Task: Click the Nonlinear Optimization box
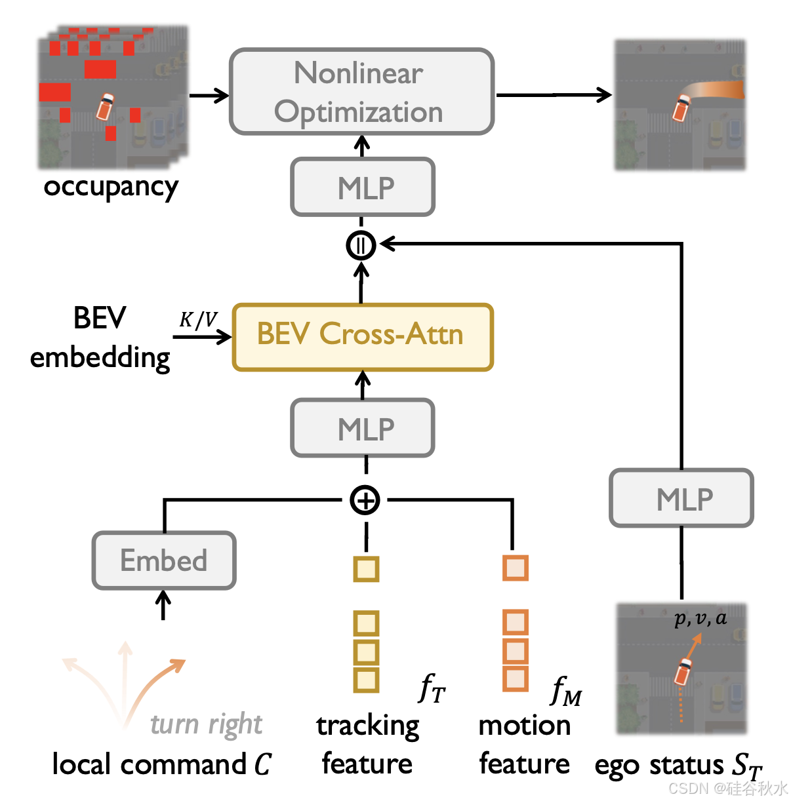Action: (x=361, y=92)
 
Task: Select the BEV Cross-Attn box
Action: (x=362, y=337)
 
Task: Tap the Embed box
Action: (x=164, y=560)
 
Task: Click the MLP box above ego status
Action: (x=681, y=498)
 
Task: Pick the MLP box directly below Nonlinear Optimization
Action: (x=363, y=187)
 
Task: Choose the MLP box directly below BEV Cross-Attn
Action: (x=363, y=428)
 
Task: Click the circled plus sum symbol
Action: (x=365, y=500)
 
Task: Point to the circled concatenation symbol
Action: (x=361, y=245)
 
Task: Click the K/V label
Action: (x=198, y=319)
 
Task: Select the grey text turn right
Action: (x=206, y=724)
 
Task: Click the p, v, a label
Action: (x=700, y=618)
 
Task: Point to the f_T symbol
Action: (x=432, y=688)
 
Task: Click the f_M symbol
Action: (x=566, y=691)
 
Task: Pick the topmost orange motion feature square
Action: (x=516, y=568)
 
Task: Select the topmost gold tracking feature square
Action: (x=366, y=568)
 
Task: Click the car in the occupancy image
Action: (x=105, y=106)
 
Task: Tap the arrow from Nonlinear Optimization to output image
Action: (x=554, y=95)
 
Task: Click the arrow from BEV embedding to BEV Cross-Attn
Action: (x=202, y=337)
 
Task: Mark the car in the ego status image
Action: (x=683, y=672)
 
